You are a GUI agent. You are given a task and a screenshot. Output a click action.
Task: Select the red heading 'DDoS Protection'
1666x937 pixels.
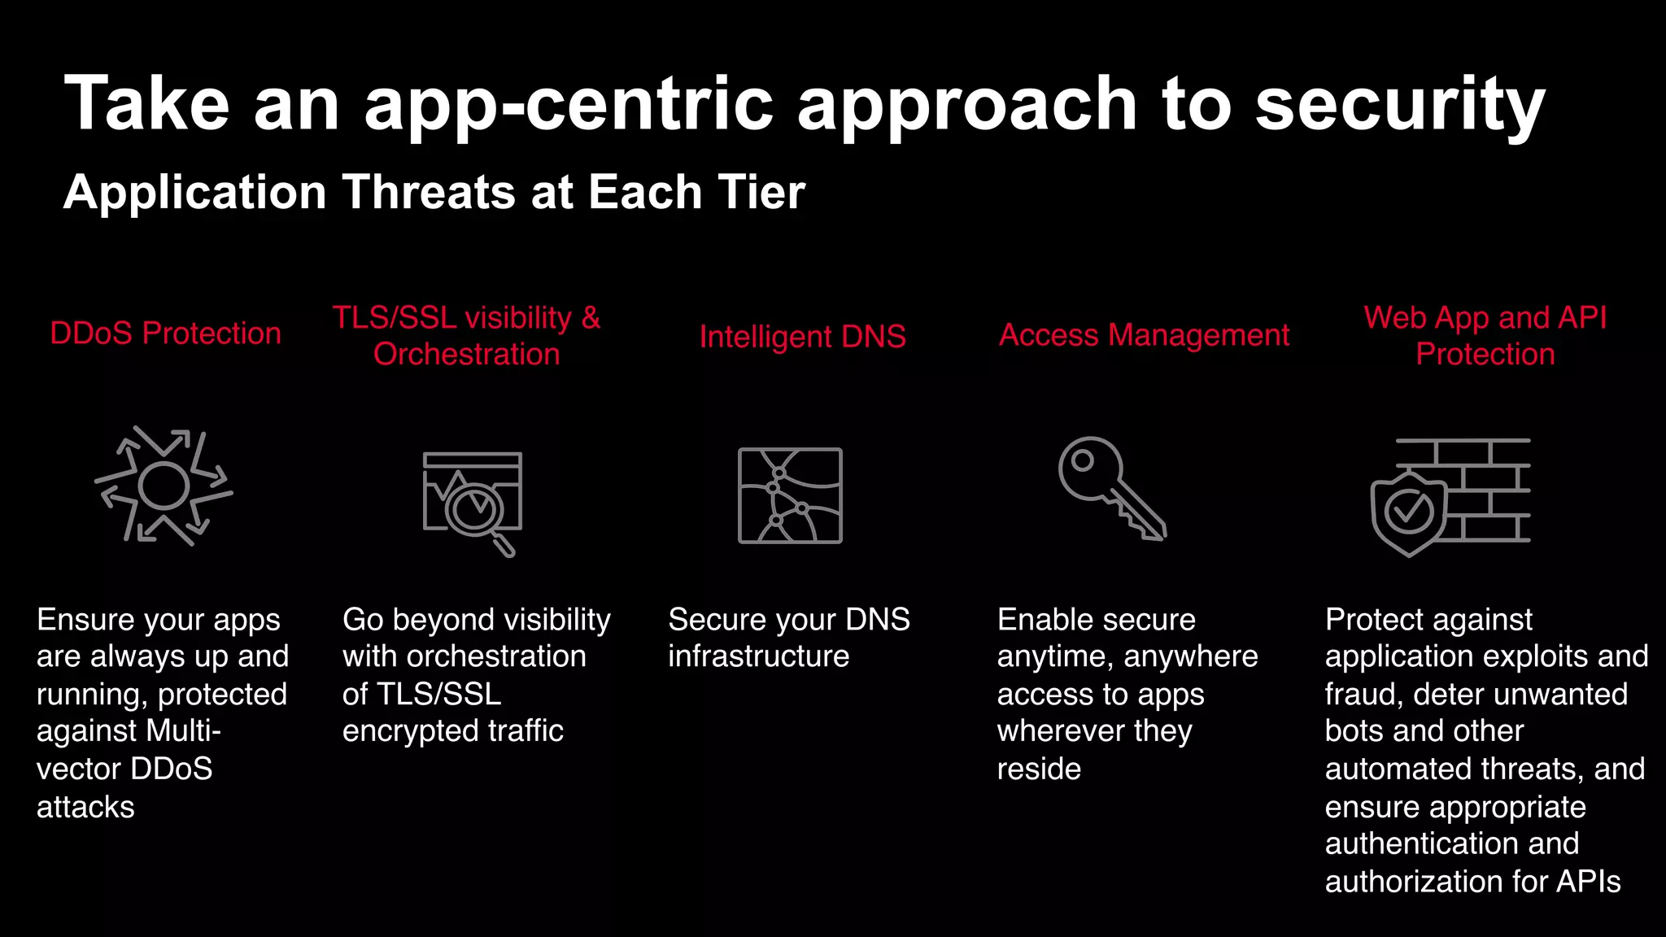pyautogui.click(x=165, y=333)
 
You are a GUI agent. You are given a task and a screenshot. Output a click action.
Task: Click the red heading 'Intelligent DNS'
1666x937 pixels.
pyautogui.click(x=802, y=337)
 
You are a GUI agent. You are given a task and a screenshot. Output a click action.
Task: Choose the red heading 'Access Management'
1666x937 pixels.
pyautogui.click(x=1144, y=335)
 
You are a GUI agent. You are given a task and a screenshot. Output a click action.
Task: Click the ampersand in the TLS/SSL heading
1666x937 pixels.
pyautogui.click(x=591, y=317)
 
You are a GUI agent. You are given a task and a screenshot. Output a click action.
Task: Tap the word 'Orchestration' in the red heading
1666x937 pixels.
pyautogui.click(x=466, y=355)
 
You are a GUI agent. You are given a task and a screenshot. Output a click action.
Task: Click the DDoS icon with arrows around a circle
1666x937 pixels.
pyautogui.click(x=164, y=486)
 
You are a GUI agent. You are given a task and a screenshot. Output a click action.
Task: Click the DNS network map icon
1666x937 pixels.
pyautogui.click(x=790, y=495)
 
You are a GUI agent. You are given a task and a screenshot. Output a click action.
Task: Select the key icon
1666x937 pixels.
pyautogui.click(x=1111, y=488)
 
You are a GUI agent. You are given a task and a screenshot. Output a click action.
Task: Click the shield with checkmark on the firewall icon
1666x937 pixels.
pyautogui.click(x=1408, y=512)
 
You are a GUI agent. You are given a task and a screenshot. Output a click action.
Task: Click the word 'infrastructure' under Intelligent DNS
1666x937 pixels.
pyautogui.click(x=758, y=656)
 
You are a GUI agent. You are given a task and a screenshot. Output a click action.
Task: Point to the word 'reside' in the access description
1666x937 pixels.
pyautogui.click(x=1039, y=769)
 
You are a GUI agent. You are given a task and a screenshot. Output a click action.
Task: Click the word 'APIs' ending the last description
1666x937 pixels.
pyautogui.click(x=1588, y=882)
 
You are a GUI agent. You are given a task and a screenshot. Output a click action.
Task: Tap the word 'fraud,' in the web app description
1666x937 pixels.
pyautogui.click(x=1363, y=695)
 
